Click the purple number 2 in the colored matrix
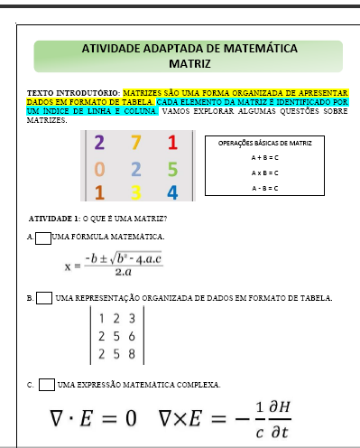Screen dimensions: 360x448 [98, 143]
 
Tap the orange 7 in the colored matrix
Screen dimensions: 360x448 [135, 143]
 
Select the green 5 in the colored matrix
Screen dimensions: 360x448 [172, 168]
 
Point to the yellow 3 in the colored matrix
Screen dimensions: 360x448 [135, 191]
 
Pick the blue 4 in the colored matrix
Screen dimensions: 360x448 [172, 191]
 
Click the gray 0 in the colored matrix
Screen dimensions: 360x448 [98, 168]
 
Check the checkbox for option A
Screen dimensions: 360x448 [43, 238]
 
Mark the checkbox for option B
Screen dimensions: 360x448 [43, 298]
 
